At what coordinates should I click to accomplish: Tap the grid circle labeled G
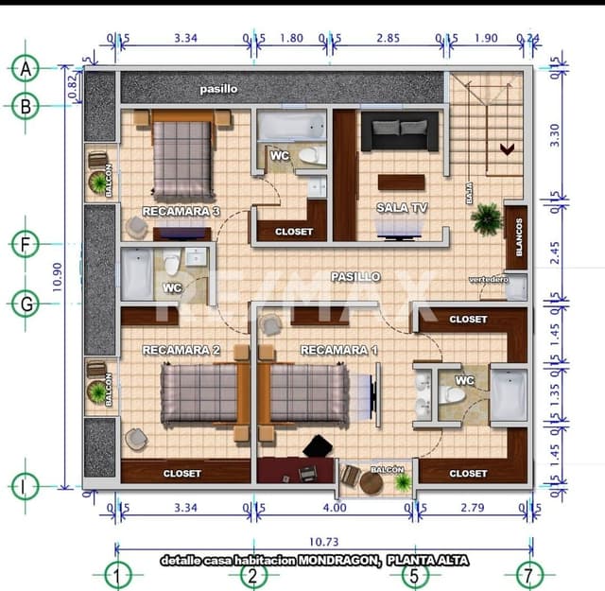pyautogui.click(x=26, y=304)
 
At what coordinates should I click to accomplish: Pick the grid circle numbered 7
pyautogui.click(x=532, y=574)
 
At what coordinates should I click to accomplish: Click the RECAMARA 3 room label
pyautogui.click(x=181, y=211)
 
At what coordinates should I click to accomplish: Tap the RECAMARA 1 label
pyautogui.click(x=338, y=350)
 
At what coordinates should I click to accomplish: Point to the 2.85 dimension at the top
pyautogui.click(x=388, y=39)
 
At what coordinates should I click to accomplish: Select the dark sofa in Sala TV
pyautogui.click(x=399, y=132)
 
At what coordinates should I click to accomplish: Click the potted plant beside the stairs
pyautogui.click(x=487, y=219)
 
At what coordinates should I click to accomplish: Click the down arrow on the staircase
pyautogui.click(x=507, y=148)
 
